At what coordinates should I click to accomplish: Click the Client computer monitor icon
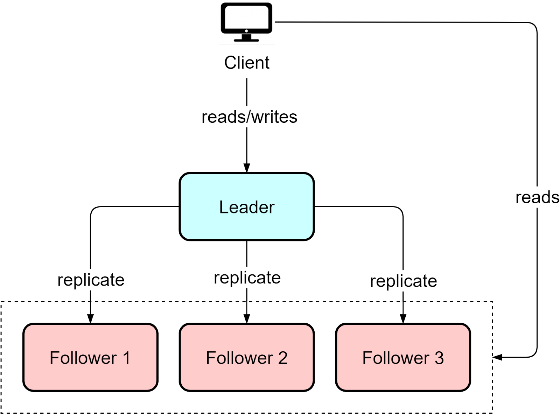[246, 22]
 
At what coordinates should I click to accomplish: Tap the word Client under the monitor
[247, 63]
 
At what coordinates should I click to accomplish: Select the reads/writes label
[249, 117]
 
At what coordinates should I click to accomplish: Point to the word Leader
[247, 207]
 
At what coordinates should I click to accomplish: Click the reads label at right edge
[537, 197]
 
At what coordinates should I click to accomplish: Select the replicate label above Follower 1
[91, 280]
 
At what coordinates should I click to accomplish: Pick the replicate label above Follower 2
[247, 278]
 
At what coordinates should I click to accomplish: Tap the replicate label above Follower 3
[404, 281]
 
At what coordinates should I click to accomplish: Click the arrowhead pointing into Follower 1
[90, 318]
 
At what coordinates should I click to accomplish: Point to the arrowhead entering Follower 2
[247, 318]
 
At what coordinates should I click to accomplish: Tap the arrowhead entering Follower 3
[403, 318]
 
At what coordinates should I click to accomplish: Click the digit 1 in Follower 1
[126, 358]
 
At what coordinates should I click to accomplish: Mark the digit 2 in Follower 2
[283, 358]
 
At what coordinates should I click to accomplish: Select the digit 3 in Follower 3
[439, 358]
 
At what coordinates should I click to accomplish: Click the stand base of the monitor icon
[246, 40]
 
